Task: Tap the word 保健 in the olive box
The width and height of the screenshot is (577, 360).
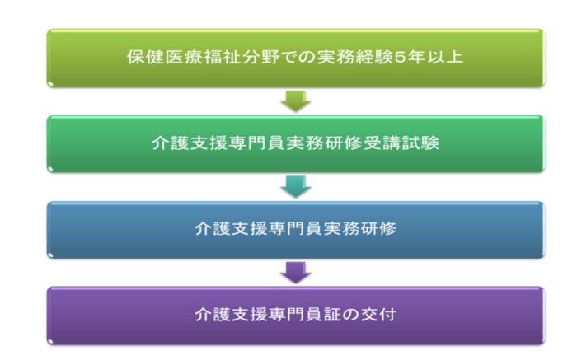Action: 145,57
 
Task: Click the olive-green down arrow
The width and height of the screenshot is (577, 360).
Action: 296,101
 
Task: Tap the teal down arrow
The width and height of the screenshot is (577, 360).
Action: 296,187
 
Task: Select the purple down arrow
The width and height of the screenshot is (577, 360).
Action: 296,273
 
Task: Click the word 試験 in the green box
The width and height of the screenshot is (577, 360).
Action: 420,143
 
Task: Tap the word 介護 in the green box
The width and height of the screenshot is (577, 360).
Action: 171,143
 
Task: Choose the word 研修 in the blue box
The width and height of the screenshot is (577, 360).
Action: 378,228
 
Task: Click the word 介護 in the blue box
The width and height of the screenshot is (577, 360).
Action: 213,228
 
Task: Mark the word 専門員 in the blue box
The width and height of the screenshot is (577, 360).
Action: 296,228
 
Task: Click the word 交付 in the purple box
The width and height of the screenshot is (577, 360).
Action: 378,314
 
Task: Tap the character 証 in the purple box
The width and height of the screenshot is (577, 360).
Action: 333,314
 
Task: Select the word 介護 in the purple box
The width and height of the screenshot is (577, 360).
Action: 213,314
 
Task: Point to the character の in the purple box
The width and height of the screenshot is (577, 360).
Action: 350,315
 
